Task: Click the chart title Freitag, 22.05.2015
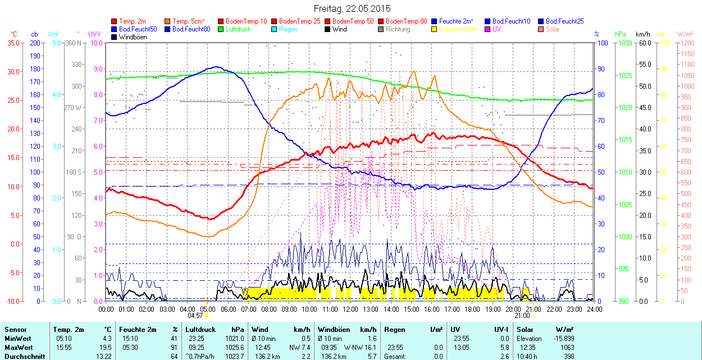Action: pos(352,8)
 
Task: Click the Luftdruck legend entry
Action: pos(238,29)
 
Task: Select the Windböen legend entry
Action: pos(133,37)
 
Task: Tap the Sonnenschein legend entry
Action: pos(458,29)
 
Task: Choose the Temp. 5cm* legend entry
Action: pos(189,21)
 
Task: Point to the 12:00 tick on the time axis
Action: pos(350,309)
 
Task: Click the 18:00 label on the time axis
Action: pos(472,309)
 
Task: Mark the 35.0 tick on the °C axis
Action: pos(11,43)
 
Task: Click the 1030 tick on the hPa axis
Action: pos(624,43)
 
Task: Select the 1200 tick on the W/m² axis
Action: pos(687,53)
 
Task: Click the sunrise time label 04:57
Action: pos(195,316)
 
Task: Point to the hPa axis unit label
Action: pos(620,34)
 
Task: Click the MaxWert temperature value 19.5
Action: pos(106,347)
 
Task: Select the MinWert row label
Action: pos(18,339)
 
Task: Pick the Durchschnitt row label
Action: pos(23,356)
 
